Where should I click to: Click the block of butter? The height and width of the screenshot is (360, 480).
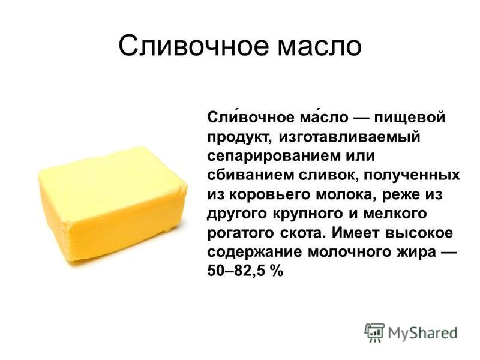[113, 204]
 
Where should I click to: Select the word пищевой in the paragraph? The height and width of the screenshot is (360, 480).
[410, 118]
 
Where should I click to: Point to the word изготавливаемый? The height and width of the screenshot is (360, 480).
[349, 137]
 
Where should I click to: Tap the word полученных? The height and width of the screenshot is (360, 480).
[412, 176]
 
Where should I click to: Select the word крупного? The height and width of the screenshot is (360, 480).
[307, 214]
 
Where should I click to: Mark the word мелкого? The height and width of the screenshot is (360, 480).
[395, 214]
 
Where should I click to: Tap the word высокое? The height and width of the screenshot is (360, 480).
[419, 233]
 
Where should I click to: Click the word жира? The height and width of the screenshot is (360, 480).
[416, 253]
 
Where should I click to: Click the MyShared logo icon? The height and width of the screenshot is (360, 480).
[374, 332]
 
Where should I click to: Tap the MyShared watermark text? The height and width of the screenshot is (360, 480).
[423, 333]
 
